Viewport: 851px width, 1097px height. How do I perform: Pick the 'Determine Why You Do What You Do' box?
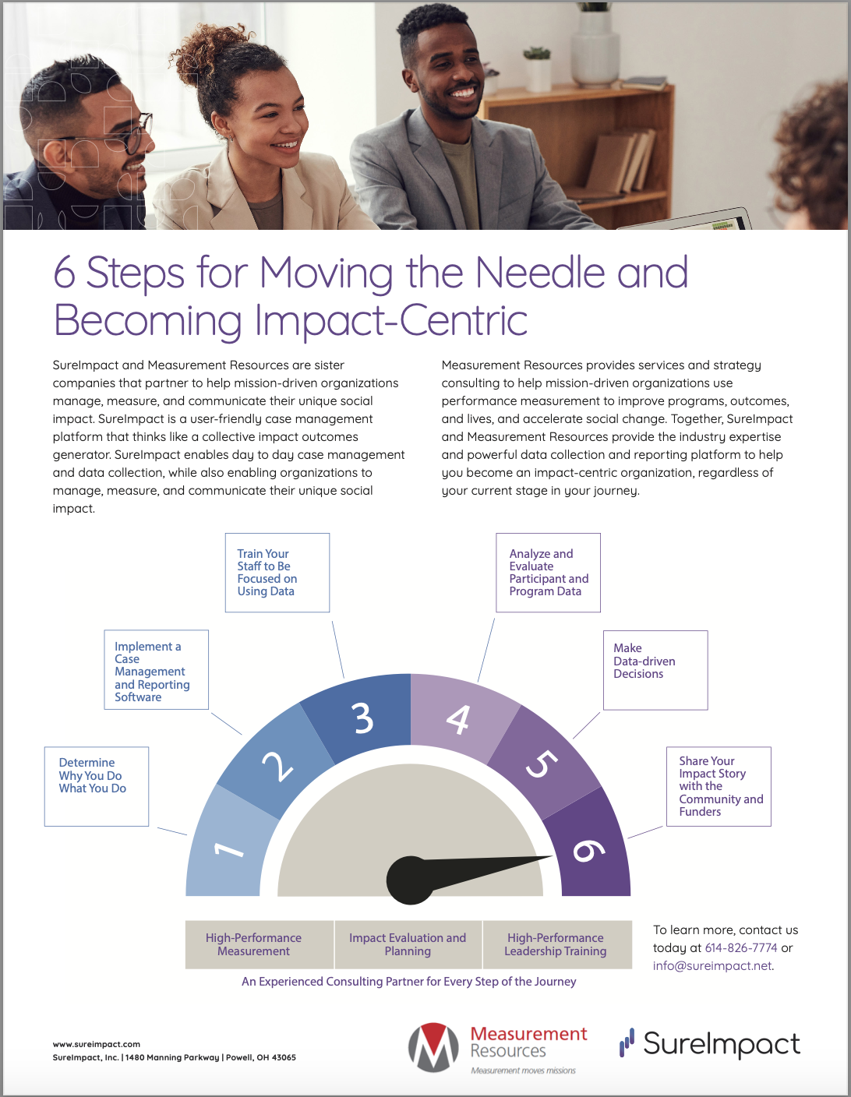97,786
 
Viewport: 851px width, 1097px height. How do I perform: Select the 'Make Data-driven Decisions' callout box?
655,670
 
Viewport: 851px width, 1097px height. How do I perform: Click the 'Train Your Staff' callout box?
277,573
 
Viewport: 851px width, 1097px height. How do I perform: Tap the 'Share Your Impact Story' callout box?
719,786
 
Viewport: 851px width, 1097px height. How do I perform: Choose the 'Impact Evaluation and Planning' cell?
408,944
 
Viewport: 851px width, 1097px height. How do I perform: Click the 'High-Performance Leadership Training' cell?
556,944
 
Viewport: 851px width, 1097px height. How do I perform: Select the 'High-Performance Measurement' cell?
254,944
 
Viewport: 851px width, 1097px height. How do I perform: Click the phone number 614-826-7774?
741,948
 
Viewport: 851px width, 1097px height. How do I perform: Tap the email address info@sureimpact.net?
712,966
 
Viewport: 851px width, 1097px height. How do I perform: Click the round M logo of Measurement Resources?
434,1048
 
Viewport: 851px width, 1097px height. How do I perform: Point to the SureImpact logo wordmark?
721,1044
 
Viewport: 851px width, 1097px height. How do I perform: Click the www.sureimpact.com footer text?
97,1044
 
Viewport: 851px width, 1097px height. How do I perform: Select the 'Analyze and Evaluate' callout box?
549,573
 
